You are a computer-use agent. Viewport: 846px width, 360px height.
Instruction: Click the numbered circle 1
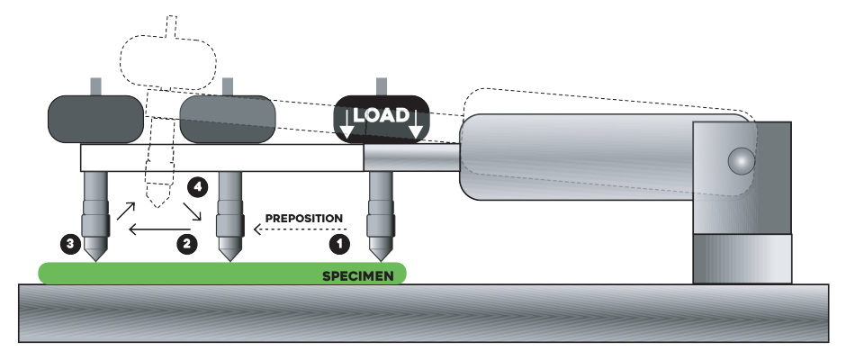(x=338, y=242)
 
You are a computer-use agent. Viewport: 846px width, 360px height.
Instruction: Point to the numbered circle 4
(x=200, y=187)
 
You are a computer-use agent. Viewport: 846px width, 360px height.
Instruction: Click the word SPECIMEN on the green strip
(x=358, y=275)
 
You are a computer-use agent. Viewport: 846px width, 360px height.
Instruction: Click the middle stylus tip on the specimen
(x=230, y=259)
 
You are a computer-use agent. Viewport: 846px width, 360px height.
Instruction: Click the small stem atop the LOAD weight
(x=382, y=86)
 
